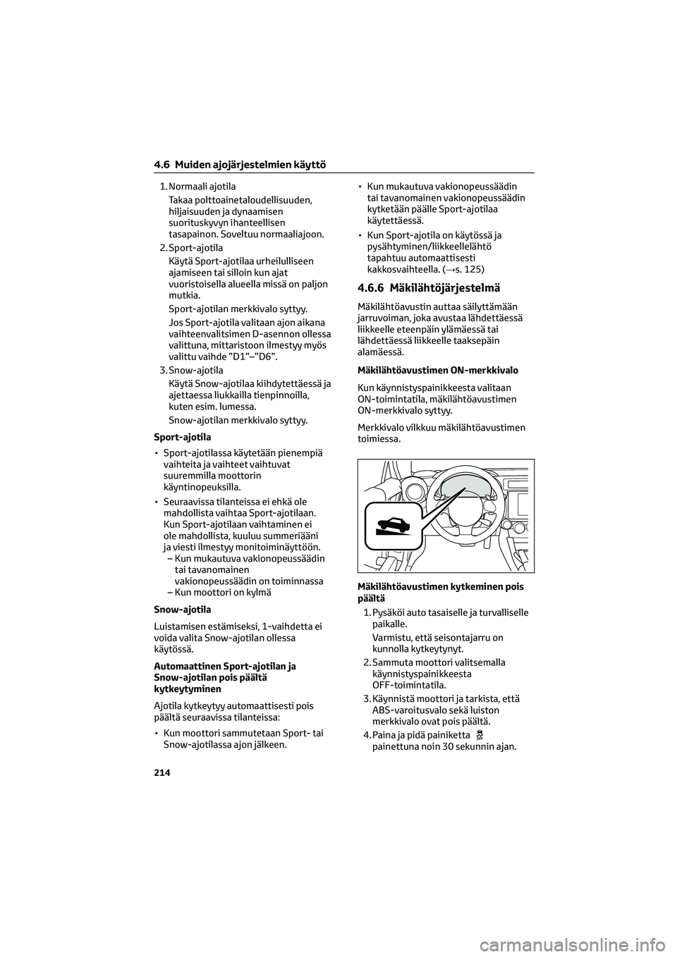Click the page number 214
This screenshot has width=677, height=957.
pyautogui.click(x=161, y=772)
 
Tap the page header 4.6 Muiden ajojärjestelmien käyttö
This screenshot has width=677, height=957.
pyautogui.click(x=239, y=165)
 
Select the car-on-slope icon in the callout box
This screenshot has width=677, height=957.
pyautogui.click(x=388, y=525)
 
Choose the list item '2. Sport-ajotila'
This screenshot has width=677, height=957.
pyautogui.click(x=191, y=248)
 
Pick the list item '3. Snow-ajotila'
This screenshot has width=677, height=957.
pyautogui.click(x=191, y=370)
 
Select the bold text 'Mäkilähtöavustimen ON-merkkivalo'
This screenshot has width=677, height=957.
pyautogui.click(x=438, y=370)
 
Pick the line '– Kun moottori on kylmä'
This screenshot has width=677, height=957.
pyautogui.click(x=219, y=593)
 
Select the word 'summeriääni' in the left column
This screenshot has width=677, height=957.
pyautogui.click(x=294, y=536)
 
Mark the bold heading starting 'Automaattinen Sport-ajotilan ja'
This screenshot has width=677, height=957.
pyautogui.click(x=224, y=666)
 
